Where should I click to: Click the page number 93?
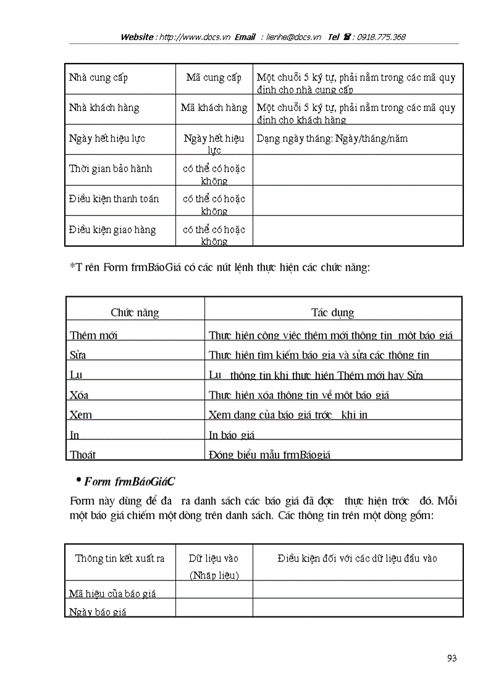point(451,658)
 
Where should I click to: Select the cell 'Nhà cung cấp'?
point(99,78)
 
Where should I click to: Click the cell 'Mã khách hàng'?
point(214,107)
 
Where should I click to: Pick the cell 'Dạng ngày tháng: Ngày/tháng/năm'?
point(332,139)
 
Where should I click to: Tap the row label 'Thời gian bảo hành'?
point(111,168)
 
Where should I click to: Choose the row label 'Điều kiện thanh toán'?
point(114,199)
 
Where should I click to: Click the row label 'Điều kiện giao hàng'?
point(112,230)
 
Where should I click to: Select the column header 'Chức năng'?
point(135,312)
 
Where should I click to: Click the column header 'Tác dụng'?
point(332,312)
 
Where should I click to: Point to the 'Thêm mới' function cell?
point(93,335)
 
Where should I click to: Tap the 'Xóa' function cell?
point(79,395)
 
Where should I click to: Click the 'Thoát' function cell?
point(83,455)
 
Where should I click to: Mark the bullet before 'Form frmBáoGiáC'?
point(78,480)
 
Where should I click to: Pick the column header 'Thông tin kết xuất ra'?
point(120,558)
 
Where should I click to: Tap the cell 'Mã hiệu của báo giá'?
point(112,594)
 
